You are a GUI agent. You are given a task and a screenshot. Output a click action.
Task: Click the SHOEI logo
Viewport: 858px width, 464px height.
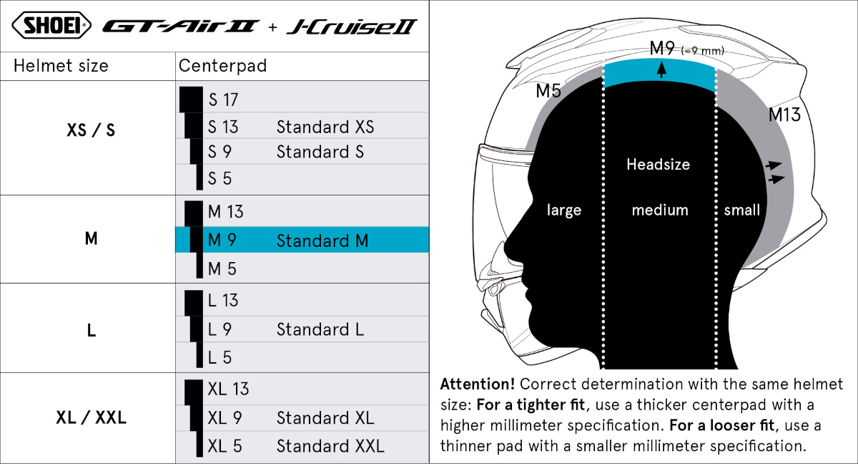click(51, 25)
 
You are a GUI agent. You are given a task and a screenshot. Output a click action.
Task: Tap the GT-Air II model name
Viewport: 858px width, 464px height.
click(180, 26)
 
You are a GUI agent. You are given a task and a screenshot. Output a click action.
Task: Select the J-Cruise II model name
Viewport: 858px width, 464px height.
click(352, 26)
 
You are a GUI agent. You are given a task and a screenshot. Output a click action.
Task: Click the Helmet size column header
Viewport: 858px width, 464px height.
click(61, 66)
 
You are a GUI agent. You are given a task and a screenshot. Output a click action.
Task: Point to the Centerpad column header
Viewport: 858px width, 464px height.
click(222, 66)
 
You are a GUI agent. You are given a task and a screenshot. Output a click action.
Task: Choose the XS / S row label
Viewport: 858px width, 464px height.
click(91, 130)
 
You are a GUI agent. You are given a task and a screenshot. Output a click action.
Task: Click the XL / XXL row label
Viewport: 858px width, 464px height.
click(92, 417)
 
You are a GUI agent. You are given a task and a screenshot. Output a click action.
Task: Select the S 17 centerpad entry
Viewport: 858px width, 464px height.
click(223, 100)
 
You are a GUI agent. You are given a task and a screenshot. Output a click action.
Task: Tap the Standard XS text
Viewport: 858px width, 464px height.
click(325, 127)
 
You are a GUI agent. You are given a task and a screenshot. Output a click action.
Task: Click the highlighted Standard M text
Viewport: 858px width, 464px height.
click(322, 241)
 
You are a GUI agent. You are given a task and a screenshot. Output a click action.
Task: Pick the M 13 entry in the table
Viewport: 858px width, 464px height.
click(226, 212)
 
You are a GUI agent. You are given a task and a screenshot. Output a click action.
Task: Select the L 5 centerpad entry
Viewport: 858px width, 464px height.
click(220, 357)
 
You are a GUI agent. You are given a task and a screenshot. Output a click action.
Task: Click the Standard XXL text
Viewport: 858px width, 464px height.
click(330, 446)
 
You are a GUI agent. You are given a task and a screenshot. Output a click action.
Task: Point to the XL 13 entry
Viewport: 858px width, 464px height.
click(228, 389)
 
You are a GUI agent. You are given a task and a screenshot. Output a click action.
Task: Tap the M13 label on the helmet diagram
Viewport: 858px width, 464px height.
click(784, 115)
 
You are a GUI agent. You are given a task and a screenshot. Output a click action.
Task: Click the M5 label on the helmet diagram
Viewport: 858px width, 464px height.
click(548, 91)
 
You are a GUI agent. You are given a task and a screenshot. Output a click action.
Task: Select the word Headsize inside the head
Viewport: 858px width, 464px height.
click(658, 164)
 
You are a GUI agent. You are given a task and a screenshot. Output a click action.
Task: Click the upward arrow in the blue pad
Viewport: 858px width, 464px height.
click(661, 70)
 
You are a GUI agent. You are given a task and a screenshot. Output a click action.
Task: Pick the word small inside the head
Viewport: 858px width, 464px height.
click(741, 210)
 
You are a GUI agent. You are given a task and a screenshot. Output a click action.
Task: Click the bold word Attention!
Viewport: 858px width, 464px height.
click(478, 384)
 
